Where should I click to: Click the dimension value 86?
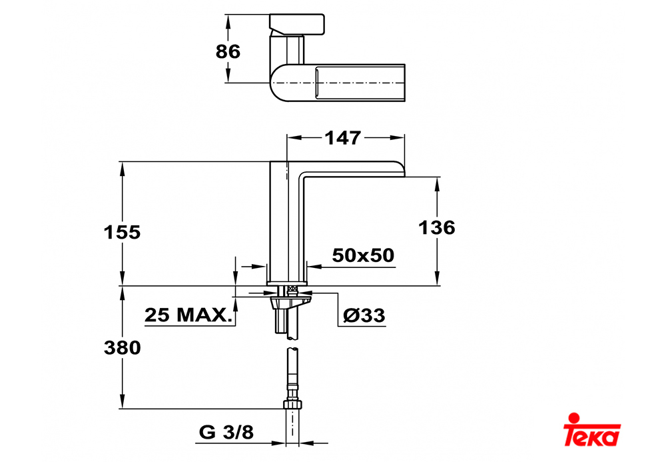pos(228,51)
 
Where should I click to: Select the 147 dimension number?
pos(342,138)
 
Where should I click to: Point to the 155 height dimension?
pos(122,233)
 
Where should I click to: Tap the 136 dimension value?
pos(437,228)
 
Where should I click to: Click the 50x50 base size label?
pos(363,255)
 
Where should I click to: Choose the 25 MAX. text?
pos(189,315)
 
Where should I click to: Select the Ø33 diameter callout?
pos(364,315)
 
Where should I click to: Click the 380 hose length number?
pos(123,348)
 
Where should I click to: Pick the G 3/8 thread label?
pos(226,432)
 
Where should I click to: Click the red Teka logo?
pos(591,429)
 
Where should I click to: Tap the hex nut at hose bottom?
pos(293,404)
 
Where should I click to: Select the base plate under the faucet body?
pos(287,283)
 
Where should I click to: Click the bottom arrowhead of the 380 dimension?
pos(123,402)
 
